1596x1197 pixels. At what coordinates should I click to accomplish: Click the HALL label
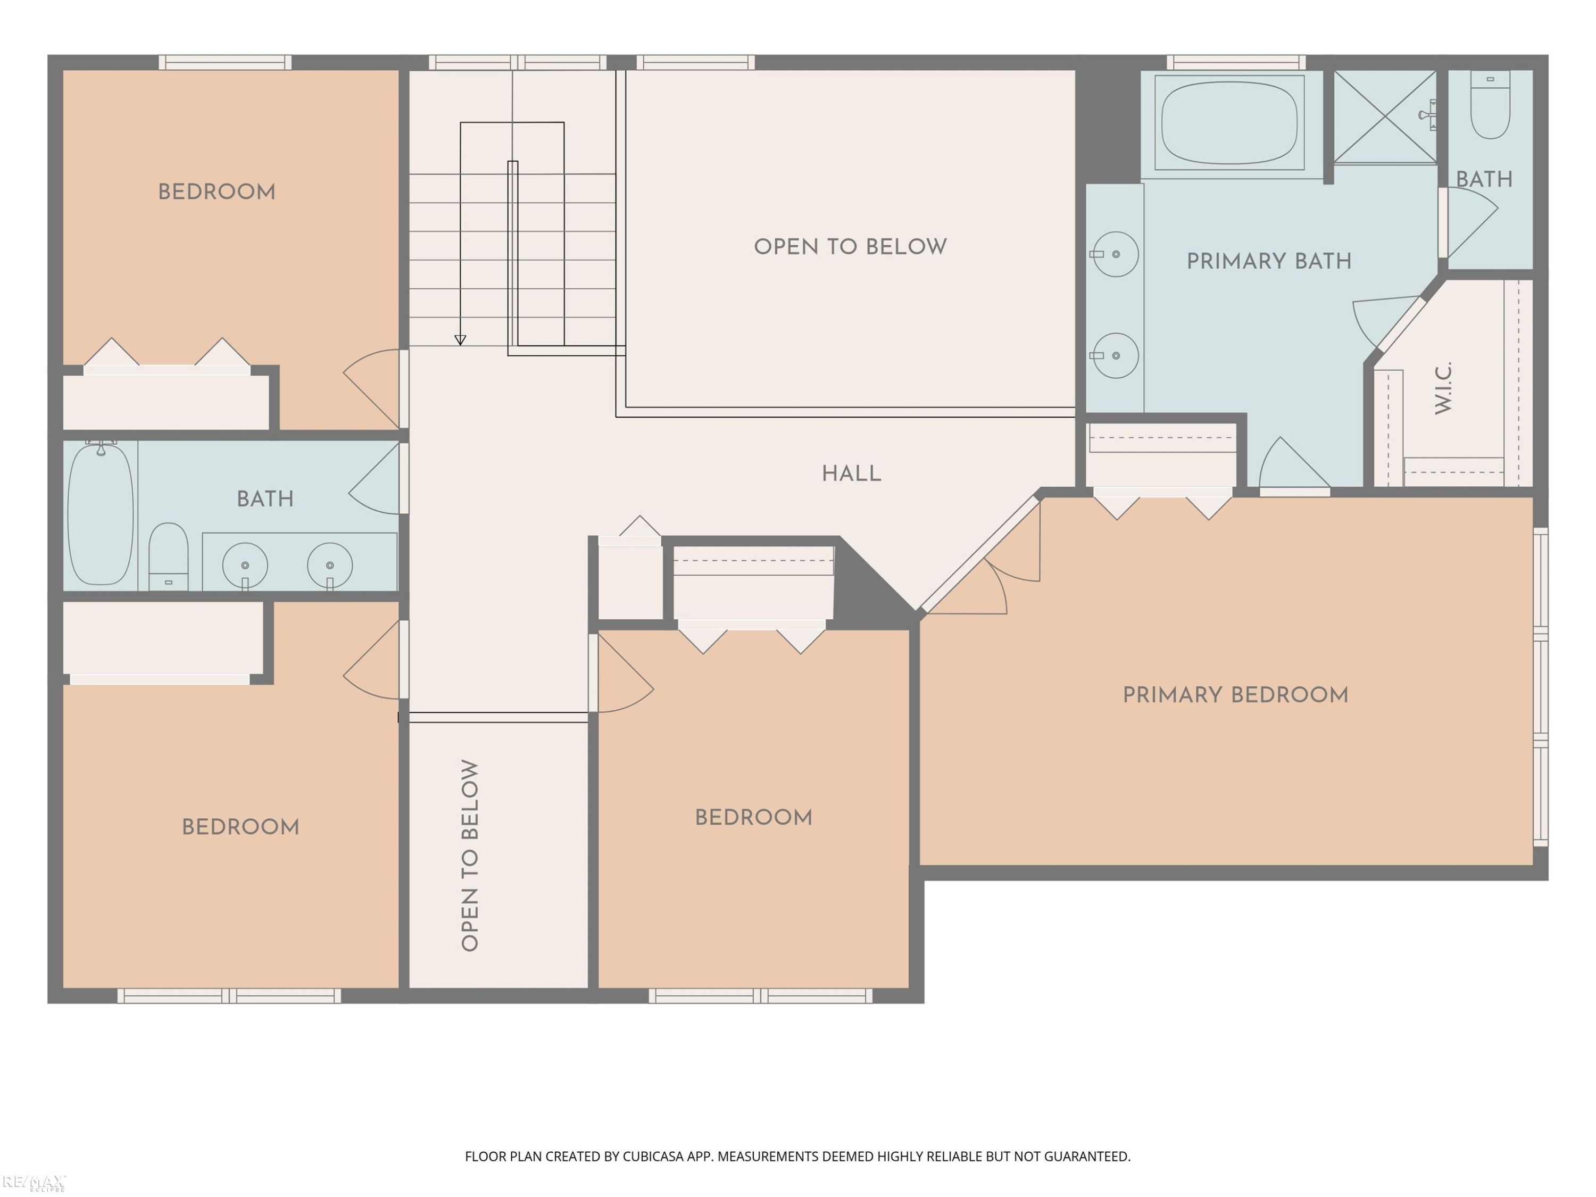click(851, 473)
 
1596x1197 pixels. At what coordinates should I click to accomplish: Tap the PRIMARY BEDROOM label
click(1235, 695)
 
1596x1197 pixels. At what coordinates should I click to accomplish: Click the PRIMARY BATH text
click(1269, 261)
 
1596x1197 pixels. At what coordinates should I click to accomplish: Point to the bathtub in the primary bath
click(1229, 123)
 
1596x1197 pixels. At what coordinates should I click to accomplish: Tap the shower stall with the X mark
click(1385, 117)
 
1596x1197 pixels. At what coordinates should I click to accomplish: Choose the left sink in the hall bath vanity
click(245, 566)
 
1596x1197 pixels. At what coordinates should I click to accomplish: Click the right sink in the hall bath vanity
click(330, 566)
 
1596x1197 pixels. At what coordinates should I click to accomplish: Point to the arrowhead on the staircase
click(460, 340)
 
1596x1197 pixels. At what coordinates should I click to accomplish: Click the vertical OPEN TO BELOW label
click(470, 855)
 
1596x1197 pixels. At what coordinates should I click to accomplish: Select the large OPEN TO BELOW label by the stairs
click(851, 247)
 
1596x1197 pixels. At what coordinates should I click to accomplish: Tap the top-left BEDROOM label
click(217, 192)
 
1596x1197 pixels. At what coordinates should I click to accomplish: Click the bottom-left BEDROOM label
click(240, 827)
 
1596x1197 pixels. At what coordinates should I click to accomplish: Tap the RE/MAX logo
click(34, 1183)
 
